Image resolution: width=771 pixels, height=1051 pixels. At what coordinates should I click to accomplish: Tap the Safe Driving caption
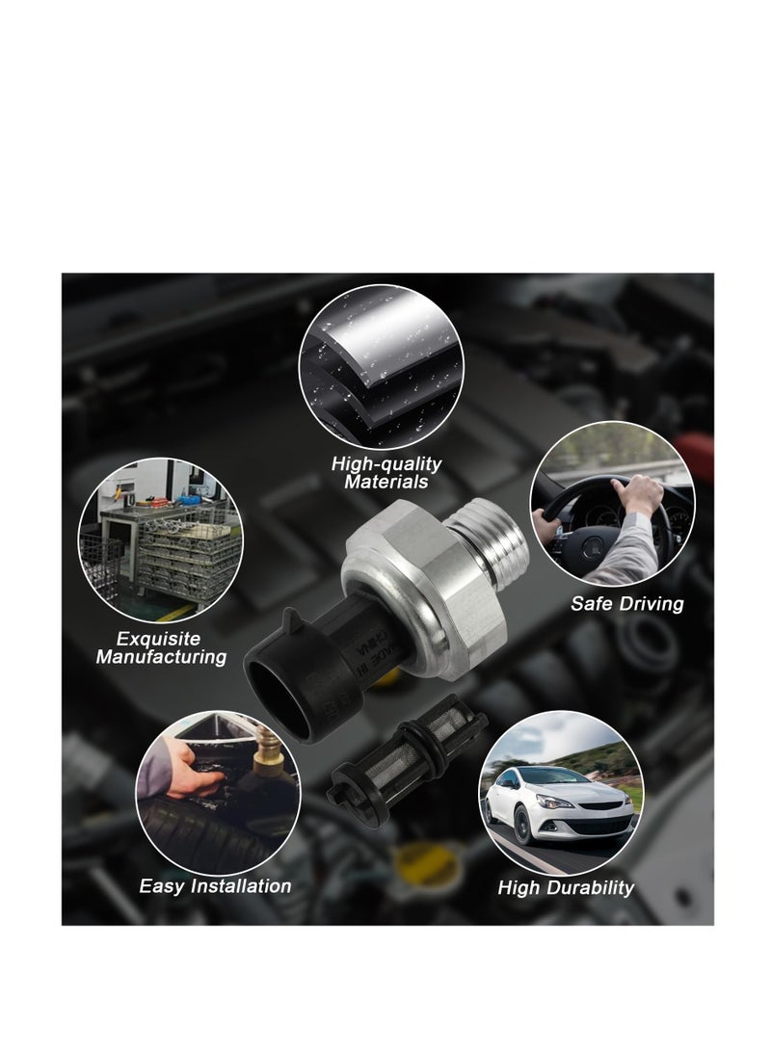coord(627,604)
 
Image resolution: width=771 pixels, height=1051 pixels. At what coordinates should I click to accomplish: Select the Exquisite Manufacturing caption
coord(161,647)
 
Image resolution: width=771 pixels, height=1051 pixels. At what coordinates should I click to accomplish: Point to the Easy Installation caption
coord(215,885)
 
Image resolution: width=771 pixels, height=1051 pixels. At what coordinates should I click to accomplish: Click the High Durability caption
coord(566,887)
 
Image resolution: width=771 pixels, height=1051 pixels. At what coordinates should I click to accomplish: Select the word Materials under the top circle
coord(386,482)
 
